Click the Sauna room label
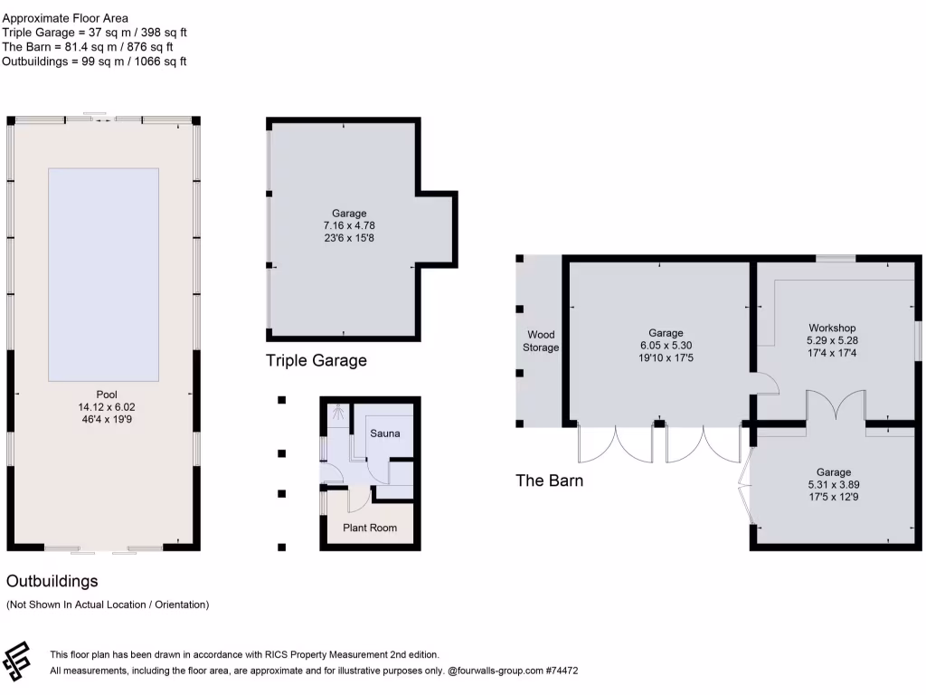pos(384,433)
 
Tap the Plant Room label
pos(369,528)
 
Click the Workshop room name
pos(832,328)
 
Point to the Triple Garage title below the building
pos(316,360)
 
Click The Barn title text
pos(549,481)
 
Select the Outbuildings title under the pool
pos(52,581)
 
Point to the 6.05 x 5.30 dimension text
pos(666,345)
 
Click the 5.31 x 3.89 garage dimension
pos(833,484)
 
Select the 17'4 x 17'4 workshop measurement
pos(832,352)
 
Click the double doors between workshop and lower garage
pos(837,406)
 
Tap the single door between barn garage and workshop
pos(765,386)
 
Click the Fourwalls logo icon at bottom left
pos(17,662)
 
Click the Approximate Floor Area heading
pos(65,18)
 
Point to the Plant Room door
pos(359,498)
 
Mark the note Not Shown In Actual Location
pos(108,605)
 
